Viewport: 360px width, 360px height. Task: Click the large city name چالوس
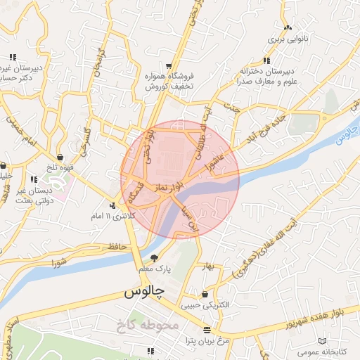tap(143, 291)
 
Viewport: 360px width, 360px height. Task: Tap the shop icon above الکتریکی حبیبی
tap(205, 294)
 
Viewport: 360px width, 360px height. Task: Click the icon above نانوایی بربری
tap(287, 28)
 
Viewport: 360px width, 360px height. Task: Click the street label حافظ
tap(117, 246)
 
